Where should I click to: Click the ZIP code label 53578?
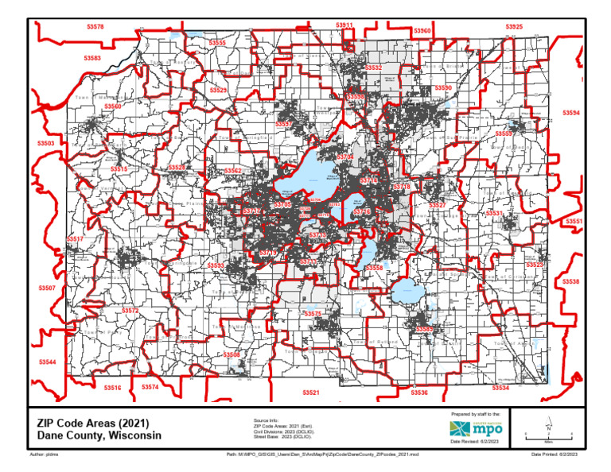pos(95,27)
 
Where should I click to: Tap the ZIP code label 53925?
pos(514,27)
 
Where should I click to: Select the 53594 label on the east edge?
pos(571,114)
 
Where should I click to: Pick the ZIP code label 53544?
pos(48,362)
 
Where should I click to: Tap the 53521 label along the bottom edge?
pos(311,393)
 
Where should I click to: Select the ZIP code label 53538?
pos(571,281)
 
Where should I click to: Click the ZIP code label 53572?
pos(130,311)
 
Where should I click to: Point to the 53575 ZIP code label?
pos(313,315)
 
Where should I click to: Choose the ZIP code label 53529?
pos(218,91)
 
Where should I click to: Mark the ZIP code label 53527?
pos(437,205)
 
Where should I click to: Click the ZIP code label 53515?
pos(119,170)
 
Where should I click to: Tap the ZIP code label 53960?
pos(422,31)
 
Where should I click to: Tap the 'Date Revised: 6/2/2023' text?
pos(475,441)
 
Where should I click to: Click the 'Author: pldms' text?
pos(45,455)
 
